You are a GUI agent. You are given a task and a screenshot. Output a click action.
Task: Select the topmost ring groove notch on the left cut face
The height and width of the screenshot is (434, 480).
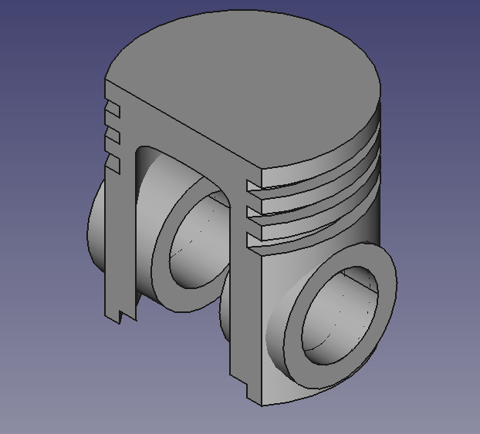[113, 109]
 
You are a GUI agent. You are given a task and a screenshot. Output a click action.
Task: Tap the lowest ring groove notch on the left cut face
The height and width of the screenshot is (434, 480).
[113, 164]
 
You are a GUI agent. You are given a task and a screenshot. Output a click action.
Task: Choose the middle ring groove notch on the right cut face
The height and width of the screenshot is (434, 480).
[254, 210]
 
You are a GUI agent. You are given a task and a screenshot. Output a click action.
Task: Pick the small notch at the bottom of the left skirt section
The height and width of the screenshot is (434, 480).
[124, 315]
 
